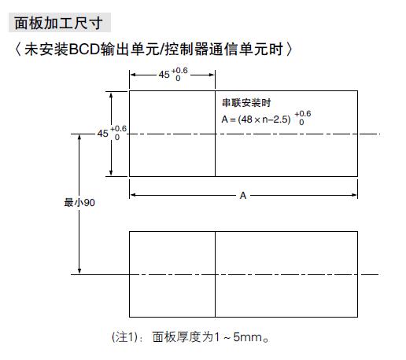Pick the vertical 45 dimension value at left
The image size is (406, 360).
click(103, 134)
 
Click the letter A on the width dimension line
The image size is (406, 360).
click(243, 194)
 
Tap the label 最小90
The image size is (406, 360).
click(79, 202)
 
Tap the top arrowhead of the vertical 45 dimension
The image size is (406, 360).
click(112, 94)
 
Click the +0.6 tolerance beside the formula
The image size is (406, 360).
click(304, 114)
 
